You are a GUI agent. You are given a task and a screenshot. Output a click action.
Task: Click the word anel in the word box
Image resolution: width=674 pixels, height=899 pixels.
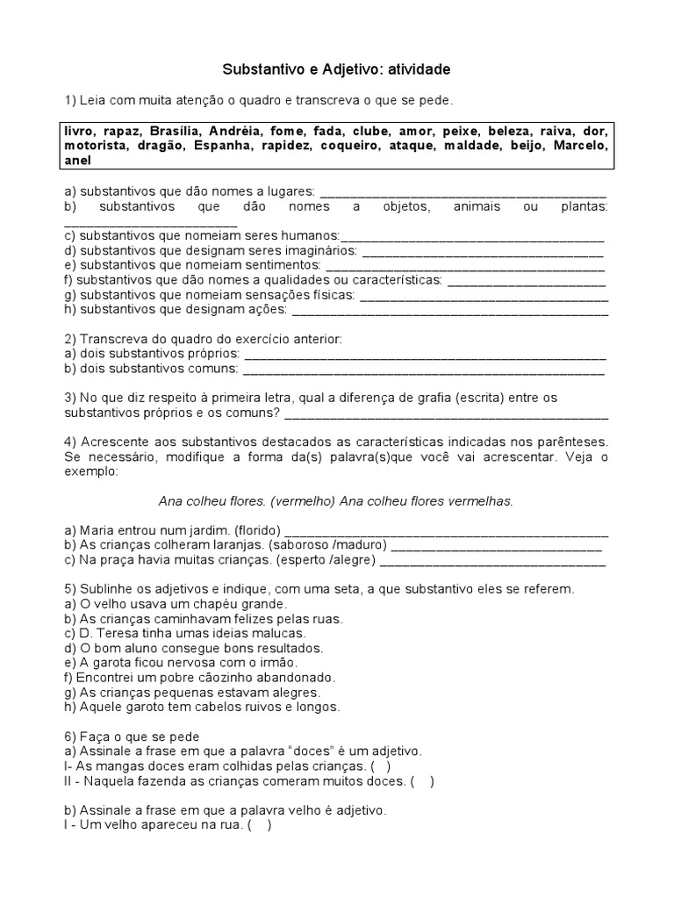77,161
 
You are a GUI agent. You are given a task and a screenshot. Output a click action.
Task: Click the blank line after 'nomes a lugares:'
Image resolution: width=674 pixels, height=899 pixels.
461,192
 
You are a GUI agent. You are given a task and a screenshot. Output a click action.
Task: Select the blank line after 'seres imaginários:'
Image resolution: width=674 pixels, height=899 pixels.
483,251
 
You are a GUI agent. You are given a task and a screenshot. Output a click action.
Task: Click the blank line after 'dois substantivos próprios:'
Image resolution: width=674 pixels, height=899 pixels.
424,355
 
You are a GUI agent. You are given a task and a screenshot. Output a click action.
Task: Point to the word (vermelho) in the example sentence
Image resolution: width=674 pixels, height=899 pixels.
304,500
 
